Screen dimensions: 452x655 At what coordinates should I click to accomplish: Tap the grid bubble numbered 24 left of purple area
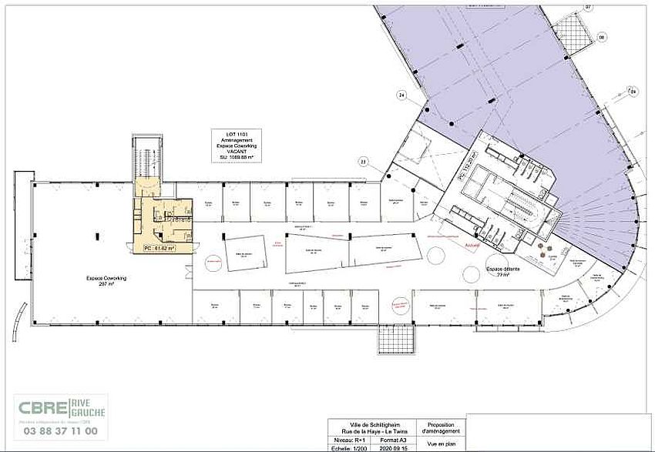pos(401,95)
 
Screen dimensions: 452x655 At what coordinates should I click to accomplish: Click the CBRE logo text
pos(48,408)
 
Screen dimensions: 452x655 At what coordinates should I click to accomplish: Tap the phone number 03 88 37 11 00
pos(61,431)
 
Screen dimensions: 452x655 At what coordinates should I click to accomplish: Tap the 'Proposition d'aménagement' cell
pos(439,428)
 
